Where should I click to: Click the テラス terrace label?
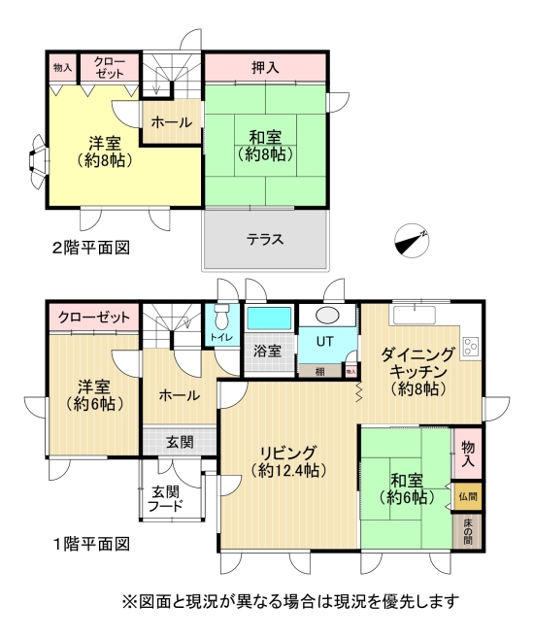(264, 239)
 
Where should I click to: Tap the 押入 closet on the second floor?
(264, 68)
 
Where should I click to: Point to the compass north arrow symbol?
(412, 239)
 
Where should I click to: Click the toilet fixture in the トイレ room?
(221, 317)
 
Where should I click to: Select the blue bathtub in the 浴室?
(269, 319)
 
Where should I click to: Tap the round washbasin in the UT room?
(326, 316)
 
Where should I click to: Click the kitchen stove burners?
(471, 346)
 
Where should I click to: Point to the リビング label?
(287, 453)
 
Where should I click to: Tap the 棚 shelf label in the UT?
(318, 371)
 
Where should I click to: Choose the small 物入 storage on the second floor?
(62, 68)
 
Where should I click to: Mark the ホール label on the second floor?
(172, 123)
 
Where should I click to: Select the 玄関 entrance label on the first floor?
(180, 442)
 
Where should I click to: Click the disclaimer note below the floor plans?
(288, 601)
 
